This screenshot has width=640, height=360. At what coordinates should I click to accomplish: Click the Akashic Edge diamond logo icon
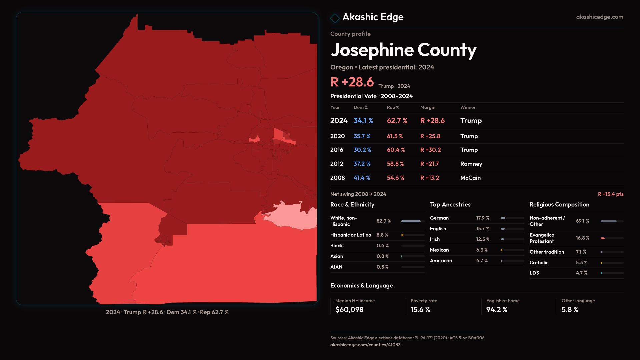click(335, 18)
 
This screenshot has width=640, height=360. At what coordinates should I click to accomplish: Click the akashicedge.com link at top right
click(600, 17)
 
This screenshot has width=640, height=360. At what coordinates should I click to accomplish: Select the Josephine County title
click(403, 50)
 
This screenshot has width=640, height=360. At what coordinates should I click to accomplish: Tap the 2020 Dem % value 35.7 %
click(362, 136)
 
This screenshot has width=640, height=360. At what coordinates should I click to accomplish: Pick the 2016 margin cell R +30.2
click(430, 150)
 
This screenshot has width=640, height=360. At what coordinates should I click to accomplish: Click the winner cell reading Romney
click(471, 164)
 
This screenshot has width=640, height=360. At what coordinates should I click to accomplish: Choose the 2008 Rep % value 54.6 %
click(395, 178)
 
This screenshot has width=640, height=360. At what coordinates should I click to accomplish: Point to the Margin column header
click(428, 107)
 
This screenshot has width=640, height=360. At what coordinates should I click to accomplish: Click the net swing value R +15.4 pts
click(610, 194)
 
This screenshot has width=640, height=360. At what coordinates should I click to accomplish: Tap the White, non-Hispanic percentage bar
click(413, 221)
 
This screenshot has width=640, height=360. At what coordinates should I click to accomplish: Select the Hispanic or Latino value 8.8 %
click(382, 235)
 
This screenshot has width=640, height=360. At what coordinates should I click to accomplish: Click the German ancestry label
click(439, 218)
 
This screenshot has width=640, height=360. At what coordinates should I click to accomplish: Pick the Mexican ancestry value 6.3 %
click(482, 250)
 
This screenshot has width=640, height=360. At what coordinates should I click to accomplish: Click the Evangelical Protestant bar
click(612, 238)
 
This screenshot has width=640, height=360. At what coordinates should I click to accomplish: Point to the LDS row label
click(534, 273)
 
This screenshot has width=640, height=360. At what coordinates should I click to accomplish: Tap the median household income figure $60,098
click(349, 310)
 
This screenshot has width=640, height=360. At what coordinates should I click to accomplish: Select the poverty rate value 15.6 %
click(420, 310)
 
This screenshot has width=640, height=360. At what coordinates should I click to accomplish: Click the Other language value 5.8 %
click(570, 310)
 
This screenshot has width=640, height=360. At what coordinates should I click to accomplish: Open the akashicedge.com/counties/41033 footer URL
click(365, 345)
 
